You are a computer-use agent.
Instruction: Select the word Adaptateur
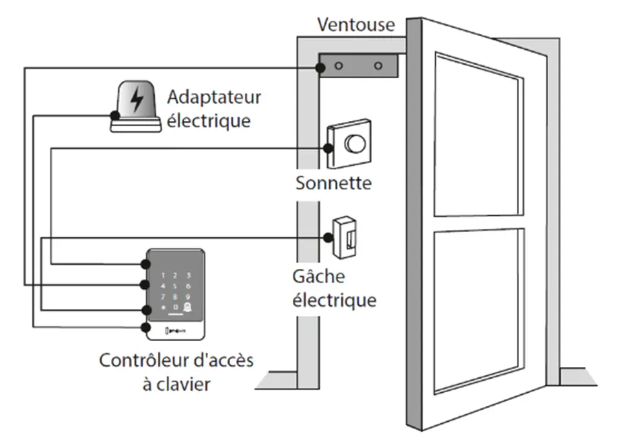coord(214,98)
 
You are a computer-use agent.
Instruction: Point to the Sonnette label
coord(334,183)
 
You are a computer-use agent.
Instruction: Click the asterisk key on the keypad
coord(164,307)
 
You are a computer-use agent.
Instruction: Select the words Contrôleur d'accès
coord(176,360)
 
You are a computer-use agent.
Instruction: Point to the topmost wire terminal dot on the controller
coord(144,264)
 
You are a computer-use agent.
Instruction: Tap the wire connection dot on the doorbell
coord(330,149)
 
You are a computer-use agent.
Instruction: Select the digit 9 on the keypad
coord(188,296)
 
